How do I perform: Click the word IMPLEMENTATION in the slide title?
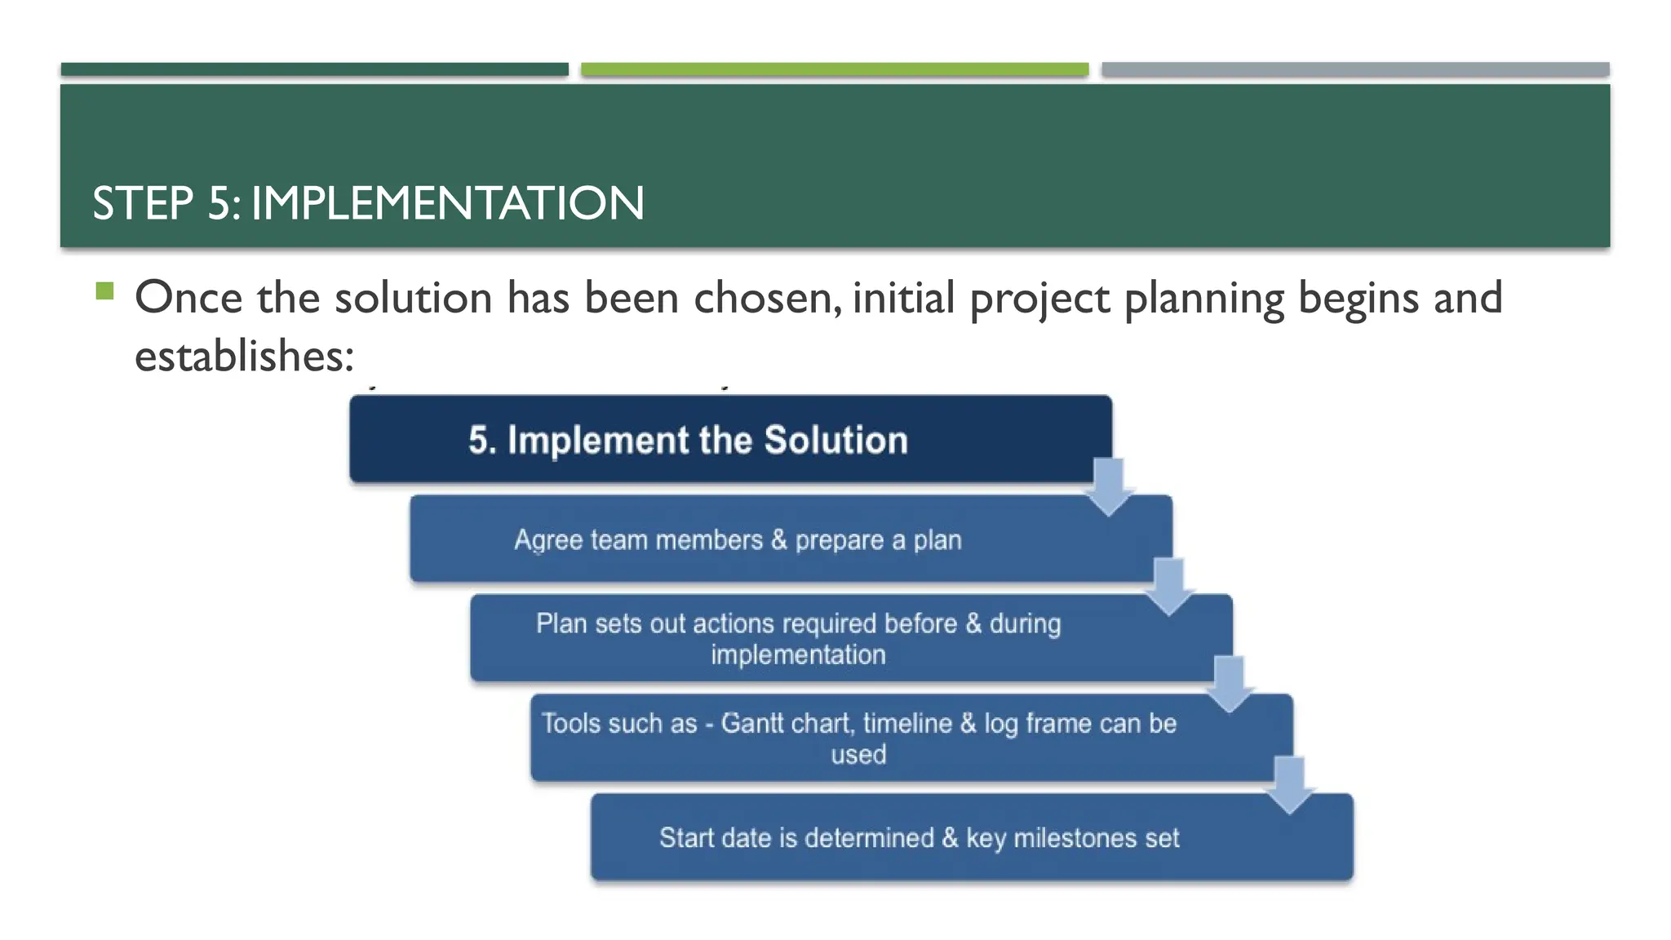[447, 203]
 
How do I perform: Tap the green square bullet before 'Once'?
[104, 290]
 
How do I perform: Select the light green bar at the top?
[834, 69]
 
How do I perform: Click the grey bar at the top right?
[1354, 69]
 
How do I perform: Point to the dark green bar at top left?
[314, 69]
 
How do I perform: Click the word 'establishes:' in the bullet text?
[244, 357]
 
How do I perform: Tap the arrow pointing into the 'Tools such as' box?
[1229, 685]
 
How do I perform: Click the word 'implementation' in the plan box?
[798, 655]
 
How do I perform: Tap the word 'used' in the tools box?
[858, 755]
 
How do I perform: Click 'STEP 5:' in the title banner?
[166, 203]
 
